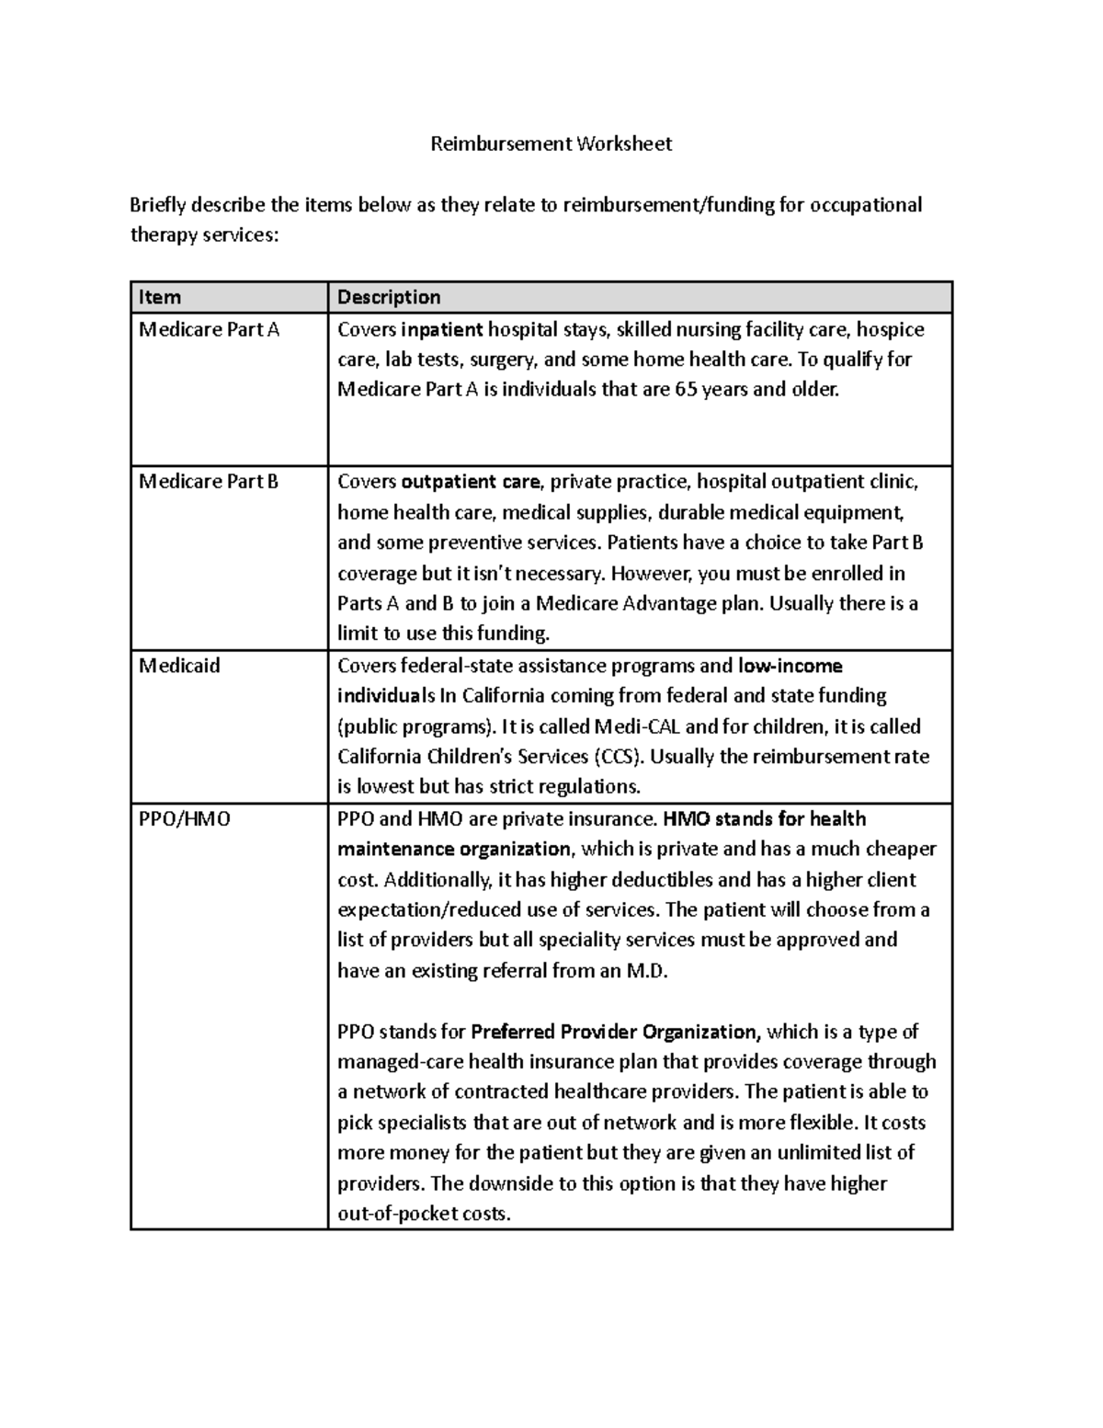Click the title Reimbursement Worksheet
(551, 144)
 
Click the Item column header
(159, 297)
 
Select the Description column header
(389, 297)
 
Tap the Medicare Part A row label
(209, 329)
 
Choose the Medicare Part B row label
(208, 481)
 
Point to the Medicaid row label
(179, 665)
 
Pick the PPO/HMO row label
(184, 818)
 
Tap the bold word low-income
(790, 665)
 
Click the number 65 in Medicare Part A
(686, 389)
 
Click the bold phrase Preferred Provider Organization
(615, 1031)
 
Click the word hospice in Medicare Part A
(890, 329)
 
